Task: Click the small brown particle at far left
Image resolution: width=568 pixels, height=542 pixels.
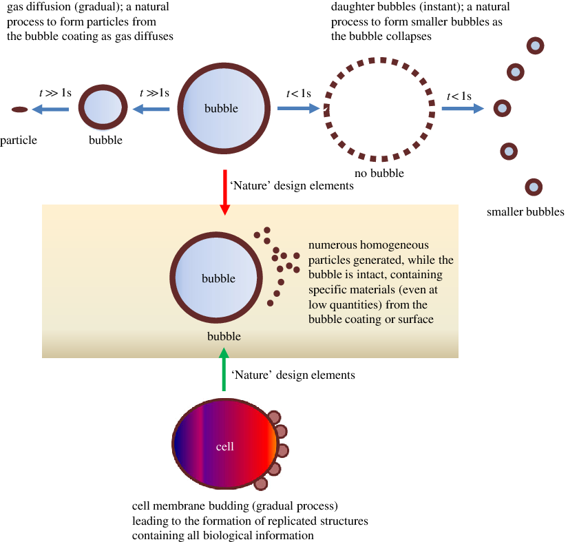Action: [x=19, y=109]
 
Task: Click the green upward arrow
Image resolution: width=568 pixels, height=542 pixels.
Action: [x=223, y=371]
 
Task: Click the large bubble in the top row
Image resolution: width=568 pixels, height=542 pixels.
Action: [x=222, y=108]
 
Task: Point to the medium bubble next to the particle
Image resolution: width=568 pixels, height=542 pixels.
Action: [x=103, y=108]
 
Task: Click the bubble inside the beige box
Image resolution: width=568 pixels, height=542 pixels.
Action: [x=218, y=278]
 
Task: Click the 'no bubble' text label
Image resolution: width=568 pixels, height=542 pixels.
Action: [x=379, y=174]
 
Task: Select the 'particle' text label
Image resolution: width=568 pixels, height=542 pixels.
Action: [x=19, y=140]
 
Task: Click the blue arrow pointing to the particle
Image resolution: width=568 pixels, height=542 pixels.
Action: [x=51, y=109]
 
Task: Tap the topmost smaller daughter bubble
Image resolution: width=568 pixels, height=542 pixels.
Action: [x=535, y=46]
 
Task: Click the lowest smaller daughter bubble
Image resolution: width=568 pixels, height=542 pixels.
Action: [x=534, y=187]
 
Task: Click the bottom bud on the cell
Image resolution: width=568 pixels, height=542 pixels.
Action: [x=260, y=483]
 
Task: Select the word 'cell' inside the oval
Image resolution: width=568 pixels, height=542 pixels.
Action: [x=225, y=447]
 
